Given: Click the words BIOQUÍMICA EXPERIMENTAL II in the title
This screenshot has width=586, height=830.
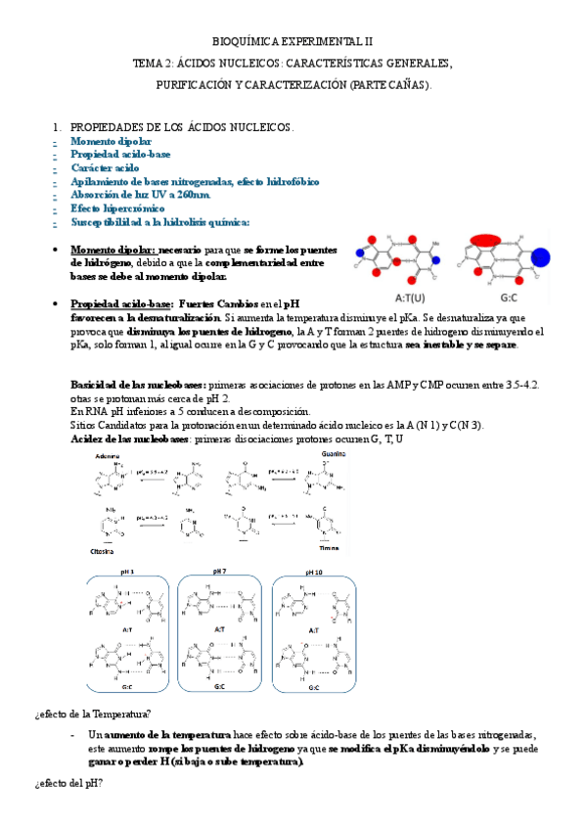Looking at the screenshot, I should (x=293, y=43).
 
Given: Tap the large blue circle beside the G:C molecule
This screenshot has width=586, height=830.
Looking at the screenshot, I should (x=539, y=257).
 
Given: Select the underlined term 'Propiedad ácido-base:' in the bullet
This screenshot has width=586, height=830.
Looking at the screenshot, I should (x=123, y=304).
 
